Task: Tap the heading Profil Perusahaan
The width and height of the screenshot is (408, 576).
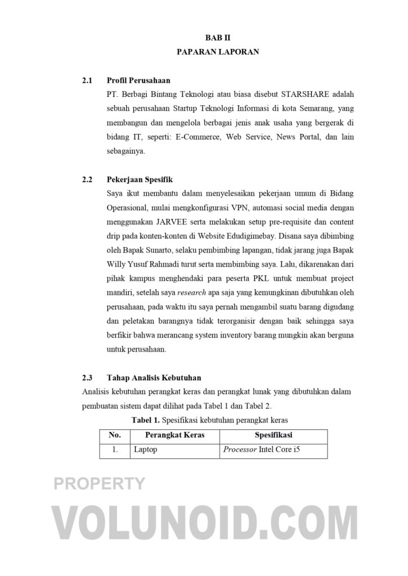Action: [138, 80]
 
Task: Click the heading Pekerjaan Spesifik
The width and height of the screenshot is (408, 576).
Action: [140, 180]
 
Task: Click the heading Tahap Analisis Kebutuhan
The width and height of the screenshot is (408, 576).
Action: [154, 377]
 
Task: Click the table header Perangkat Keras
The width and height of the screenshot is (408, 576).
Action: [174, 435]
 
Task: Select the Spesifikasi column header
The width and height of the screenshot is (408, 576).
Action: [273, 435]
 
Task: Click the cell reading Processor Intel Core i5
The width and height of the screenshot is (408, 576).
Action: [261, 450]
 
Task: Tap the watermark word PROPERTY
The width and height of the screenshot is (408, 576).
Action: [99, 483]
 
